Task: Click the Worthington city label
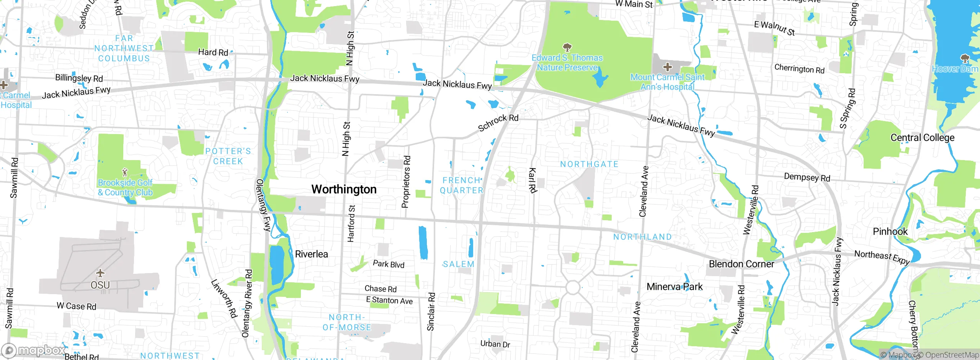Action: coord(344,189)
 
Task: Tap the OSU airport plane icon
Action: coord(100,273)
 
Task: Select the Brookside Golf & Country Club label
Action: coord(125,188)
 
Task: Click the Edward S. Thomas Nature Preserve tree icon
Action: coord(567,47)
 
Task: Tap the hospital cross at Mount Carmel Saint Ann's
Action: coord(667,67)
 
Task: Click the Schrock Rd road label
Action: coord(498,122)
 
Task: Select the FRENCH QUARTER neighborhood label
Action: coord(462,185)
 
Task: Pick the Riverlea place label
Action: coord(311,254)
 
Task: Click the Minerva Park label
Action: coord(675,286)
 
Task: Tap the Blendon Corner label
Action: coord(741,264)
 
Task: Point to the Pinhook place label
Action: coord(890,231)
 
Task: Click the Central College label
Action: coord(922,137)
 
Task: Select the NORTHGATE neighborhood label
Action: coord(589,164)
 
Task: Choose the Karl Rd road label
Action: coord(532,180)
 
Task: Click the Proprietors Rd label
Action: coord(406,182)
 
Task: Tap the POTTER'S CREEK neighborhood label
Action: coord(228,156)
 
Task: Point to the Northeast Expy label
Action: coord(882,257)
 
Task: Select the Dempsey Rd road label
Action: coord(807,177)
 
